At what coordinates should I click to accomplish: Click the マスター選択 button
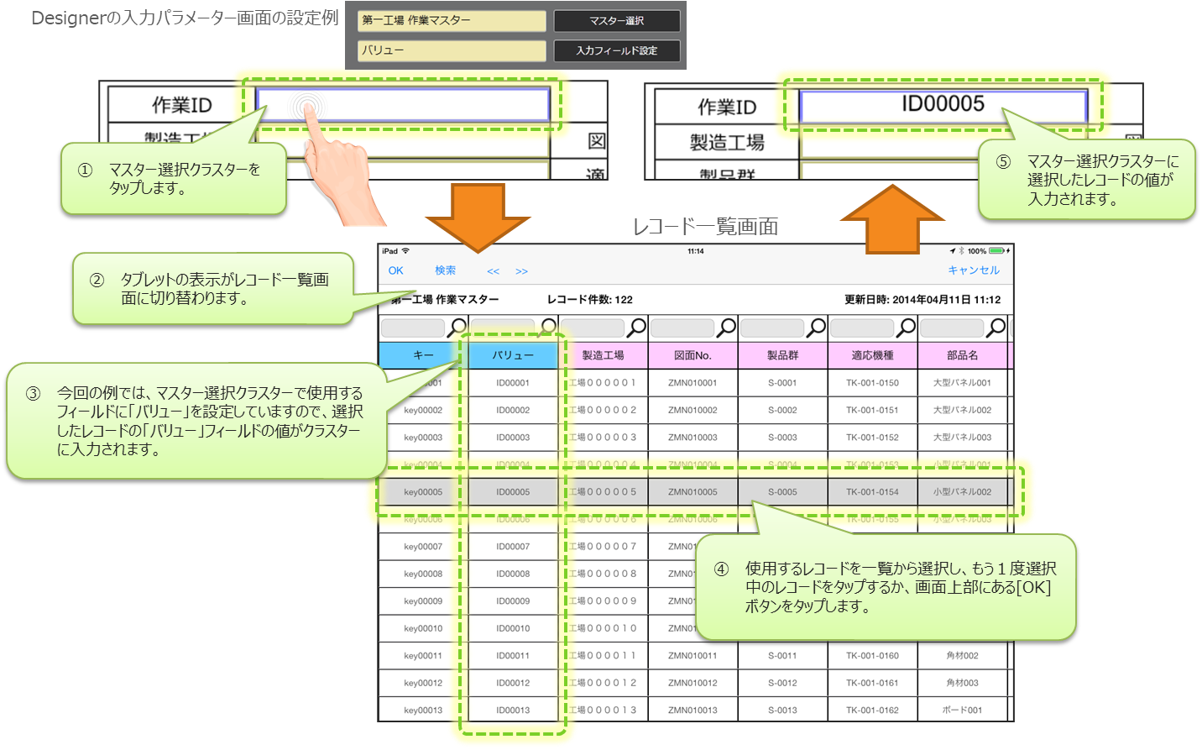pos(616,21)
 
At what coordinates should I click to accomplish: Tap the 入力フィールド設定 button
pos(616,50)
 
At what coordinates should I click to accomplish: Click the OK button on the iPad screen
pos(395,270)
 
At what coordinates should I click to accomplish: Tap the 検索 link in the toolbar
pos(445,270)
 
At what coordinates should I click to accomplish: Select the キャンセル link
pos(973,270)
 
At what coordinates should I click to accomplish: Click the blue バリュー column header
pos(513,355)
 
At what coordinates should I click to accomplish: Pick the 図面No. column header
pos(692,355)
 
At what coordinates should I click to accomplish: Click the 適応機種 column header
pos(872,355)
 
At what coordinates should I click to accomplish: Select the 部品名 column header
pos(962,355)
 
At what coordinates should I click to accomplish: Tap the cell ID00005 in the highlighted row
pos(513,492)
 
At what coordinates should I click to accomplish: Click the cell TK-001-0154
pos(872,492)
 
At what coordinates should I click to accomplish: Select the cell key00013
pos(423,711)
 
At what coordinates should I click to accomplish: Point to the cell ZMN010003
pos(692,438)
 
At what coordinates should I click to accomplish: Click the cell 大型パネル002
pos(962,410)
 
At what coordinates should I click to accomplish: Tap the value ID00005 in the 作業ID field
pos(943,104)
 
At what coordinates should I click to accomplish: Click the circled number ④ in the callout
pos(721,569)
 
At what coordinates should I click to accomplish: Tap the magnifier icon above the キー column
pos(457,327)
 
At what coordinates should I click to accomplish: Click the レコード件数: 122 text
pos(590,300)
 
